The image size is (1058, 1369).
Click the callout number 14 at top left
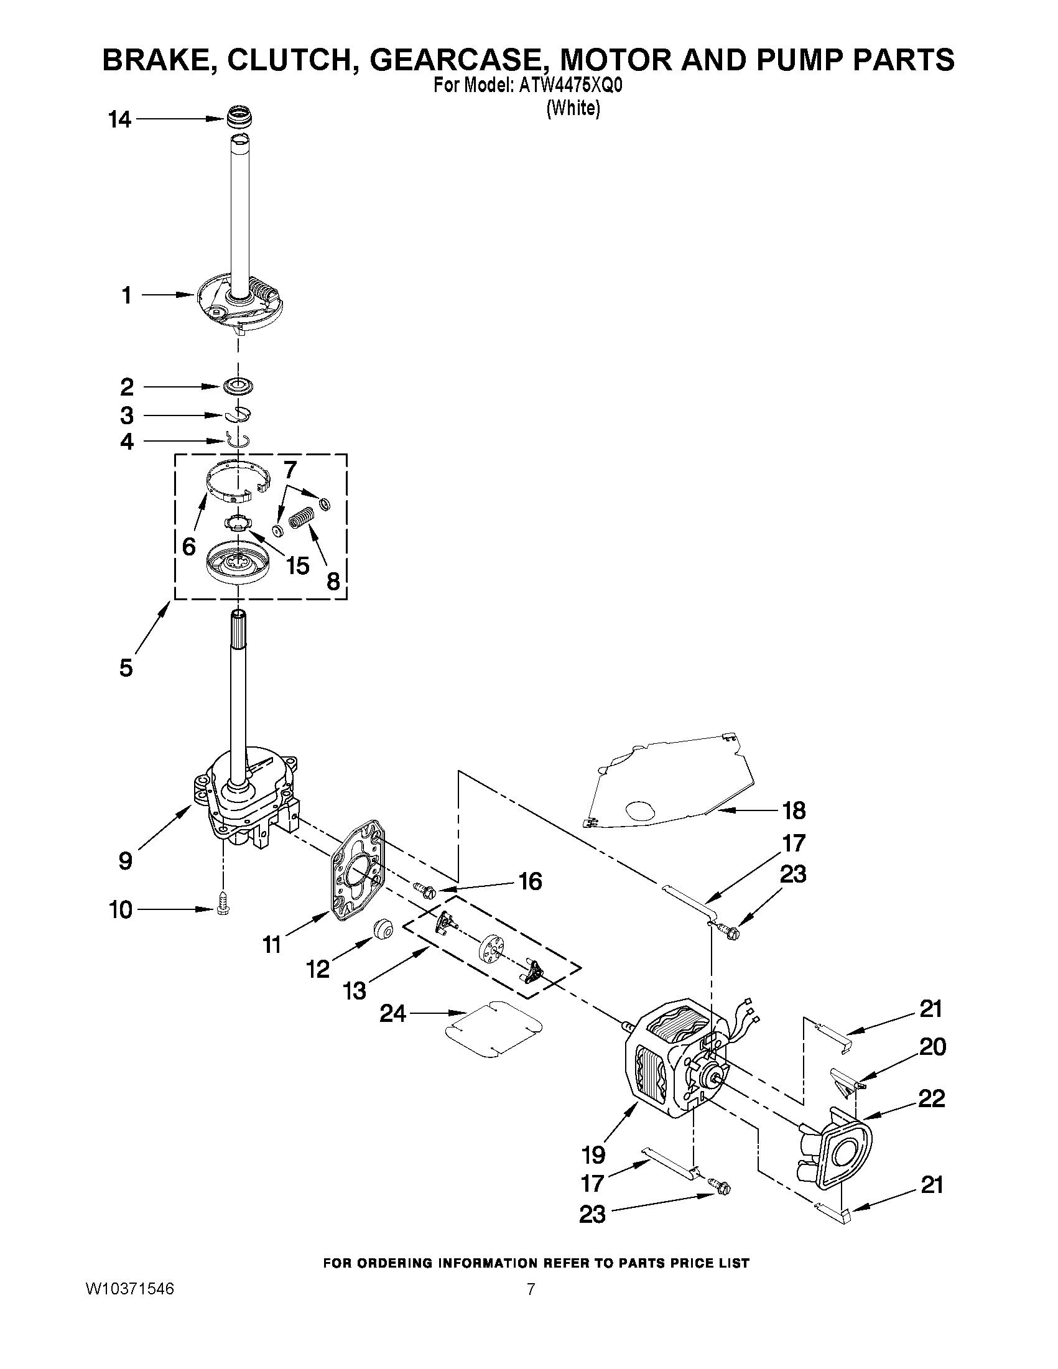[119, 119]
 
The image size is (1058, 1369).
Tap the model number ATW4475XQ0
[570, 86]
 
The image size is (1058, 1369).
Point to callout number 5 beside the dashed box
[126, 667]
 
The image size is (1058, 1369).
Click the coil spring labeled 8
[300, 518]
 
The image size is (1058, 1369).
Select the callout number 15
[297, 565]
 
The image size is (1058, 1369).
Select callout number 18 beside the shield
[794, 810]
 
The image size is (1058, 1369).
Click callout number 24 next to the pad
[393, 1014]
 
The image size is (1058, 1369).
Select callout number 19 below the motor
[593, 1154]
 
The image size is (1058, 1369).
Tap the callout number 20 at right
[932, 1046]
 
